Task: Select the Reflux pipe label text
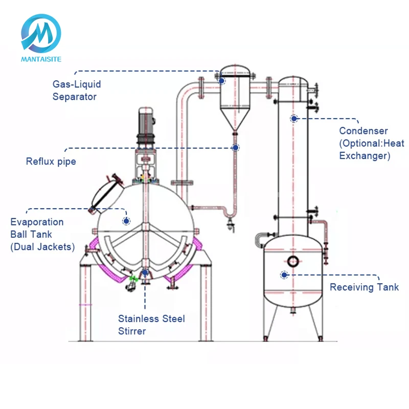coord(51,162)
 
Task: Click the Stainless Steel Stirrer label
coord(151,325)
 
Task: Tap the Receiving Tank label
coord(364,287)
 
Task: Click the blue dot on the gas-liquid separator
coord(222,80)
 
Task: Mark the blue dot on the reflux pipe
coord(236,148)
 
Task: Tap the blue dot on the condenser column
coord(294,119)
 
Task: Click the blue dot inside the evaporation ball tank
coord(126,221)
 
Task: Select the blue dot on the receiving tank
coord(284,275)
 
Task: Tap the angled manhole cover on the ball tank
coord(105,193)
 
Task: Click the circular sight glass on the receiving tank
coord(293,261)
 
